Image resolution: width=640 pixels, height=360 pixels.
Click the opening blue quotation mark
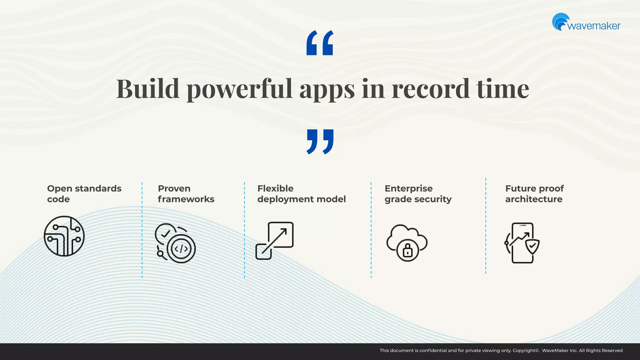point(320,43)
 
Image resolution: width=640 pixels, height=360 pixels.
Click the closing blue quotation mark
point(320,142)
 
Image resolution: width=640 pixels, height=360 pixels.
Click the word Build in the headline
point(147,89)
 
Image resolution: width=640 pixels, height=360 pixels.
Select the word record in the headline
point(430,89)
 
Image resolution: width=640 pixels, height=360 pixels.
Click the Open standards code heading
point(84,194)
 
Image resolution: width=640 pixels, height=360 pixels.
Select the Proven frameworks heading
point(186,194)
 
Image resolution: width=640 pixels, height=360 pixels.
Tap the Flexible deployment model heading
point(301,194)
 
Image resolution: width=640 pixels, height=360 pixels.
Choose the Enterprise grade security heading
point(418,194)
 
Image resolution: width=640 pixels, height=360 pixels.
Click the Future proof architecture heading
point(534,194)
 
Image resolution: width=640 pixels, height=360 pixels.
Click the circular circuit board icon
point(64,236)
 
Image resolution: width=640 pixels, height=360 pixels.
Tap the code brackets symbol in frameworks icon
point(181,249)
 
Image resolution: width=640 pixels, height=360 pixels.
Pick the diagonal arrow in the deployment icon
point(275,241)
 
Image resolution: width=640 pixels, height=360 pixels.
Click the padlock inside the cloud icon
point(407,250)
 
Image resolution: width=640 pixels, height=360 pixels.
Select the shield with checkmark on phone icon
point(532,247)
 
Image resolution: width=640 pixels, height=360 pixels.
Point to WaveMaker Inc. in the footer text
point(560,351)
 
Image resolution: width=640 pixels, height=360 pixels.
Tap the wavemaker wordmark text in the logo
point(594,26)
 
